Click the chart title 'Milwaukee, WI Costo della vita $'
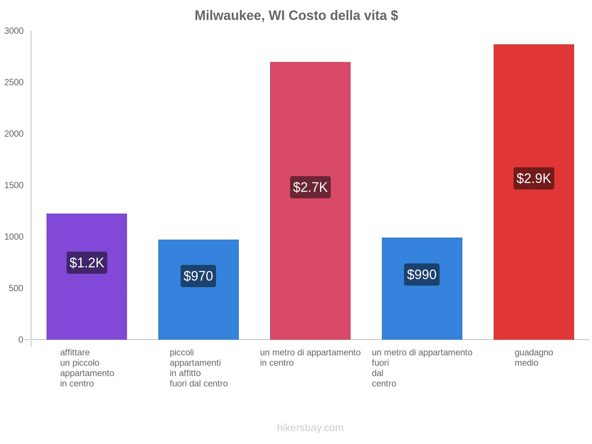point(296,16)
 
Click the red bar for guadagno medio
point(534,259)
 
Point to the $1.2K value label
point(87,263)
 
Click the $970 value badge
point(198,276)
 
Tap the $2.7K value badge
point(310,187)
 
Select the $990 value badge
point(422,275)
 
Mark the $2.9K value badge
point(534,178)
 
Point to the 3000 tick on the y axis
point(14,31)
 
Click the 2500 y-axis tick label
point(14,83)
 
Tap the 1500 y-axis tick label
point(14,185)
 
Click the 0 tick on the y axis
point(21,340)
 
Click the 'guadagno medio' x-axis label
point(534,358)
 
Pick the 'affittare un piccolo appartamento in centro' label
point(87,368)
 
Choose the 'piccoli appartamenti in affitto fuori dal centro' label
point(199,368)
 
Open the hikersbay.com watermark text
point(310,428)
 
